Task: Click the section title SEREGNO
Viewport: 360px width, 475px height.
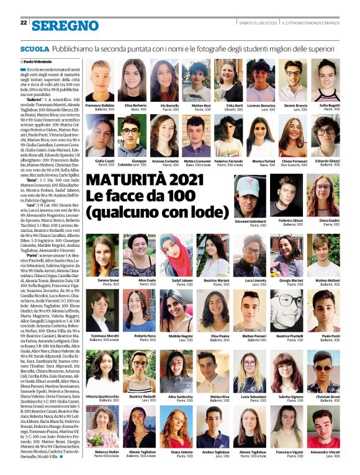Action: [x=65, y=25]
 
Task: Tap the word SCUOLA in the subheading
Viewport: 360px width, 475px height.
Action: [x=34, y=48]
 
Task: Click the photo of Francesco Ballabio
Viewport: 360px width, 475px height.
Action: [x=100, y=81]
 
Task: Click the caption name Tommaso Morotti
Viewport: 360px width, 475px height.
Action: [x=102, y=336]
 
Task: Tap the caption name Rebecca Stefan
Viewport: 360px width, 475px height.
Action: [x=102, y=453]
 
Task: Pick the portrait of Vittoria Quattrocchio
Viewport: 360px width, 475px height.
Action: [x=102, y=371]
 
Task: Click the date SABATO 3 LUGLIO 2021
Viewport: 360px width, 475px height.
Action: [x=258, y=23]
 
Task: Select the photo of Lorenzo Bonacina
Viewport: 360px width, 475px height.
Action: [x=261, y=81]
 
